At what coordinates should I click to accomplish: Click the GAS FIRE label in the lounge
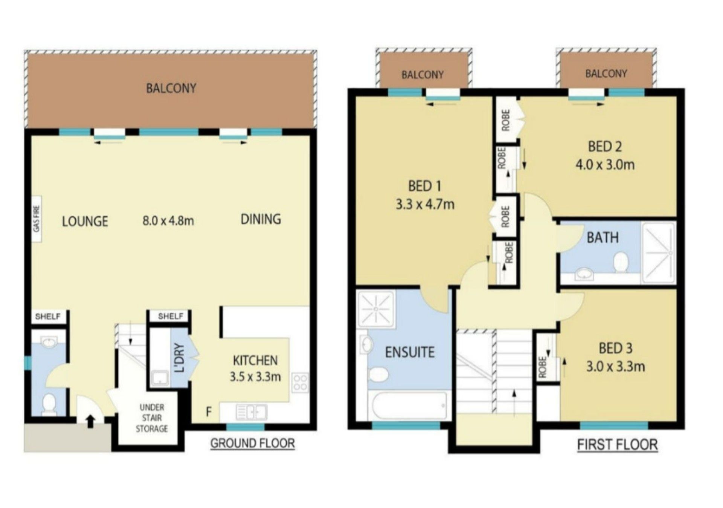click(x=37, y=219)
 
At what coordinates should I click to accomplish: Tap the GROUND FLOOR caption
click(x=252, y=443)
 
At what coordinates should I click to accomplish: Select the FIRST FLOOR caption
click(x=618, y=445)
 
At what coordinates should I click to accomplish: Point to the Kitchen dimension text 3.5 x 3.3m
click(x=255, y=376)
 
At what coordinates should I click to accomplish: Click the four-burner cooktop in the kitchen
click(x=300, y=382)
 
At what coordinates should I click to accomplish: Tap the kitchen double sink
click(x=251, y=412)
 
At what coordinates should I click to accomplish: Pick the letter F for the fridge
click(x=208, y=412)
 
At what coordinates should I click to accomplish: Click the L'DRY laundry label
click(x=180, y=358)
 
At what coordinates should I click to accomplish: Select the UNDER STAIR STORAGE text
click(x=152, y=418)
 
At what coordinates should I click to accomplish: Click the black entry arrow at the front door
click(x=90, y=421)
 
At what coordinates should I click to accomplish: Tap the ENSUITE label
click(x=410, y=352)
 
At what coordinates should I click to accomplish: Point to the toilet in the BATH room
click(x=621, y=262)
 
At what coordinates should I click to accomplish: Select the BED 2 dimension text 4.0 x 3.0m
click(x=605, y=165)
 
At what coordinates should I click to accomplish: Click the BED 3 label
click(x=615, y=348)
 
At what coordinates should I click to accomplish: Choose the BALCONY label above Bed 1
click(x=423, y=75)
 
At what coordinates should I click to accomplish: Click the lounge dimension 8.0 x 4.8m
click(x=168, y=220)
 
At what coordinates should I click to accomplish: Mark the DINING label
click(x=261, y=219)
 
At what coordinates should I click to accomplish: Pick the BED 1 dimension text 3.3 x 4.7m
click(x=425, y=204)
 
